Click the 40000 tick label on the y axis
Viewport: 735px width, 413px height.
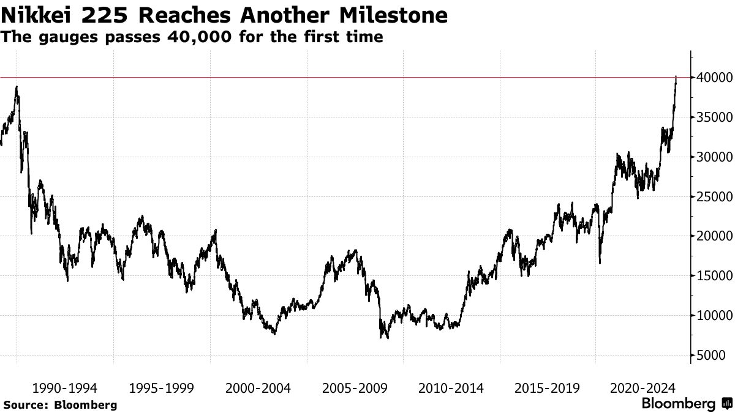pos(710,78)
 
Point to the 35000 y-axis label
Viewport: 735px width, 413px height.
pos(710,117)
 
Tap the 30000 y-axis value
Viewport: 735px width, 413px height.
pos(710,157)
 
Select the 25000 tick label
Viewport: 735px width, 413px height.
pos(710,197)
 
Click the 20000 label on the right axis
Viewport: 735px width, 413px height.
pos(710,237)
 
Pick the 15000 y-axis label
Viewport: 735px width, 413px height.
pos(710,277)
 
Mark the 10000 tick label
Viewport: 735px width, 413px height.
pos(710,316)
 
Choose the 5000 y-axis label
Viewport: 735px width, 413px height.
pos(714,355)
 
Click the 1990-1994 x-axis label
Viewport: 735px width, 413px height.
pos(64,388)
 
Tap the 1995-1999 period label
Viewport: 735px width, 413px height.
pos(161,388)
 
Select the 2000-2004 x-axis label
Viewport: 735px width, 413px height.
pos(258,388)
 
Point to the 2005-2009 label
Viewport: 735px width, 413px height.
pos(355,388)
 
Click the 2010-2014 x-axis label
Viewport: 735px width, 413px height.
pos(451,388)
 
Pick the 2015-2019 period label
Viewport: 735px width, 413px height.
pos(548,388)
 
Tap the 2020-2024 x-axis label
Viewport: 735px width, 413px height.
pos(644,388)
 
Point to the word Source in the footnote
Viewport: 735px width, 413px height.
pos(24,404)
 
